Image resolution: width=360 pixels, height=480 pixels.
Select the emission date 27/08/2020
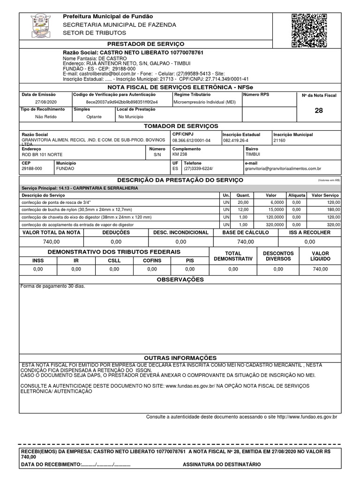pyautogui.click(x=45, y=102)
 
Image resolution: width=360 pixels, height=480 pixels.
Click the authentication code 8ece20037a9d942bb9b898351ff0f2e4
pyautogui.click(x=122, y=102)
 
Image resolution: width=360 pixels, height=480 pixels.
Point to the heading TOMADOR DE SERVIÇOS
pyautogui.click(x=180, y=126)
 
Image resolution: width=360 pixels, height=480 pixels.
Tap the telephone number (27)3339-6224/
pyautogui.click(x=199, y=168)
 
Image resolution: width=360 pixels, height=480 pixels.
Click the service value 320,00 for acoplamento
pyautogui.click(x=333, y=225)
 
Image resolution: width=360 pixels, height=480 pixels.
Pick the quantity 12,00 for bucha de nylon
pyautogui.click(x=243, y=210)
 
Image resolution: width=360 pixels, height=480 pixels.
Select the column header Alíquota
pyautogui.click(x=296, y=195)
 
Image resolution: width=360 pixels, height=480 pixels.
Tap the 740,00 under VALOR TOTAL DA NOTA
pyautogui.click(x=51, y=242)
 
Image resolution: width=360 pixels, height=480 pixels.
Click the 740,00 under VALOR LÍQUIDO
pyautogui.click(x=321, y=270)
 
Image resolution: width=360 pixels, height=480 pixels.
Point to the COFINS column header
pyautogui.click(x=152, y=260)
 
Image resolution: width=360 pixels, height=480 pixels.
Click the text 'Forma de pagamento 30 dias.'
pyautogui.click(x=52, y=286)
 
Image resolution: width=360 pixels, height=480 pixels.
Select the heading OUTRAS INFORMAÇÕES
pyautogui.click(x=180, y=358)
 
